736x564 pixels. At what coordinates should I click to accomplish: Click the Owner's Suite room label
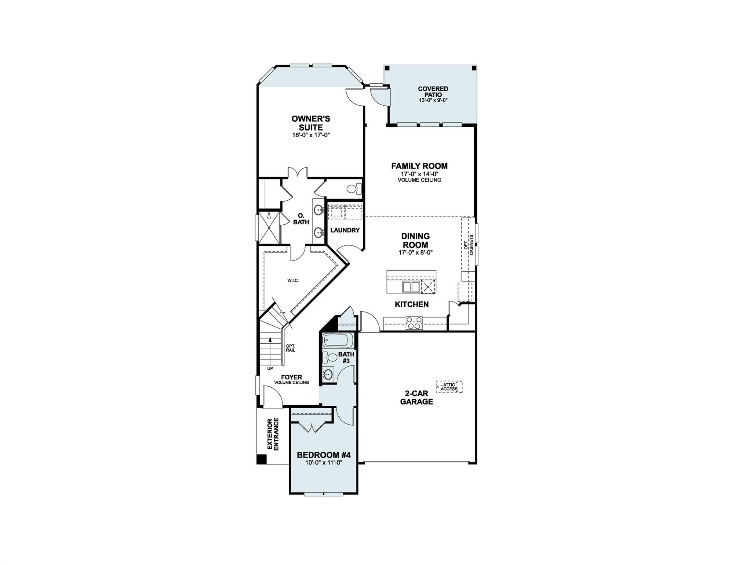(310, 123)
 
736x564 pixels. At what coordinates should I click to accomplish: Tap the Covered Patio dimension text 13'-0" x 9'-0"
(433, 100)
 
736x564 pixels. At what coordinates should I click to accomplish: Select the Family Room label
(419, 166)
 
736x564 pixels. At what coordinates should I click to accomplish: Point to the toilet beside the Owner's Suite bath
(353, 189)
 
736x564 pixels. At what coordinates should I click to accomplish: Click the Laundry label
(345, 230)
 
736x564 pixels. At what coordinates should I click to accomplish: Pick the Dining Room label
(415, 241)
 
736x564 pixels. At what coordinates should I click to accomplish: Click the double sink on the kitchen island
(411, 287)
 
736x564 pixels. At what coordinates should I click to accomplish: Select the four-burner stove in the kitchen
(414, 323)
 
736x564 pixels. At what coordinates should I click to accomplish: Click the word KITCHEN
(411, 304)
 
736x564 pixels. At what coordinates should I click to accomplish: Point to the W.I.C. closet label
(293, 281)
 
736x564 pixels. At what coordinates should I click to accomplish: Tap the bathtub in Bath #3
(337, 341)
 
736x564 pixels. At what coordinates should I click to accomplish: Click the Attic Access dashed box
(449, 387)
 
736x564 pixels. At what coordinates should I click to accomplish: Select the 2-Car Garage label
(416, 397)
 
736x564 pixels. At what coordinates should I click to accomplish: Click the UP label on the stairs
(270, 368)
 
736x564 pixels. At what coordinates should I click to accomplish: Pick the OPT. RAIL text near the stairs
(290, 348)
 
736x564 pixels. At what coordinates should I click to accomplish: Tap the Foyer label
(291, 377)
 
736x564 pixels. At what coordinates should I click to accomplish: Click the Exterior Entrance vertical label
(273, 434)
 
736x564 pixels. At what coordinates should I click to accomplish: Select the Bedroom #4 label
(323, 455)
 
